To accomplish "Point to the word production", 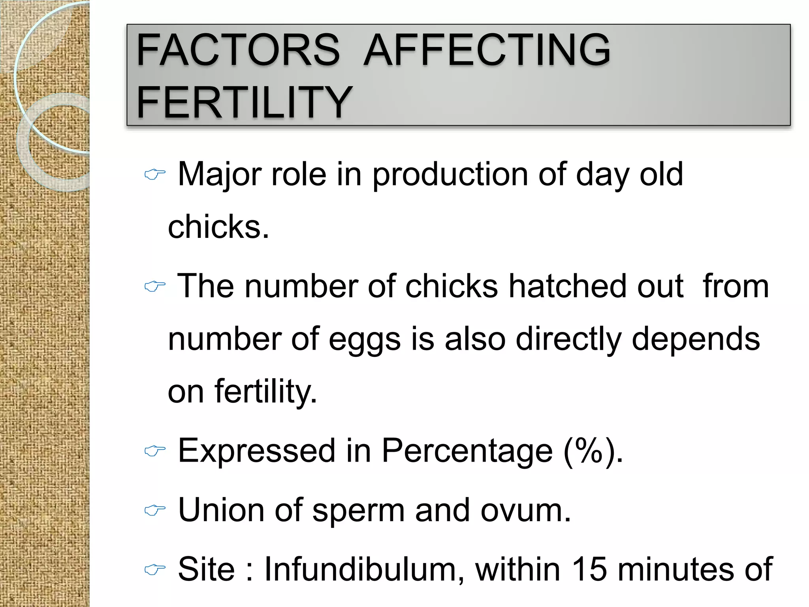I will click(x=450, y=175).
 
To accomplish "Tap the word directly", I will click(x=568, y=340).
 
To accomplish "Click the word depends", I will click(x=696, y=340).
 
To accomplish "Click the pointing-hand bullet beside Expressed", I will click(x=154, y=451).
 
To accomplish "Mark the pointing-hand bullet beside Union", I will click(x=154, y=510).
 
